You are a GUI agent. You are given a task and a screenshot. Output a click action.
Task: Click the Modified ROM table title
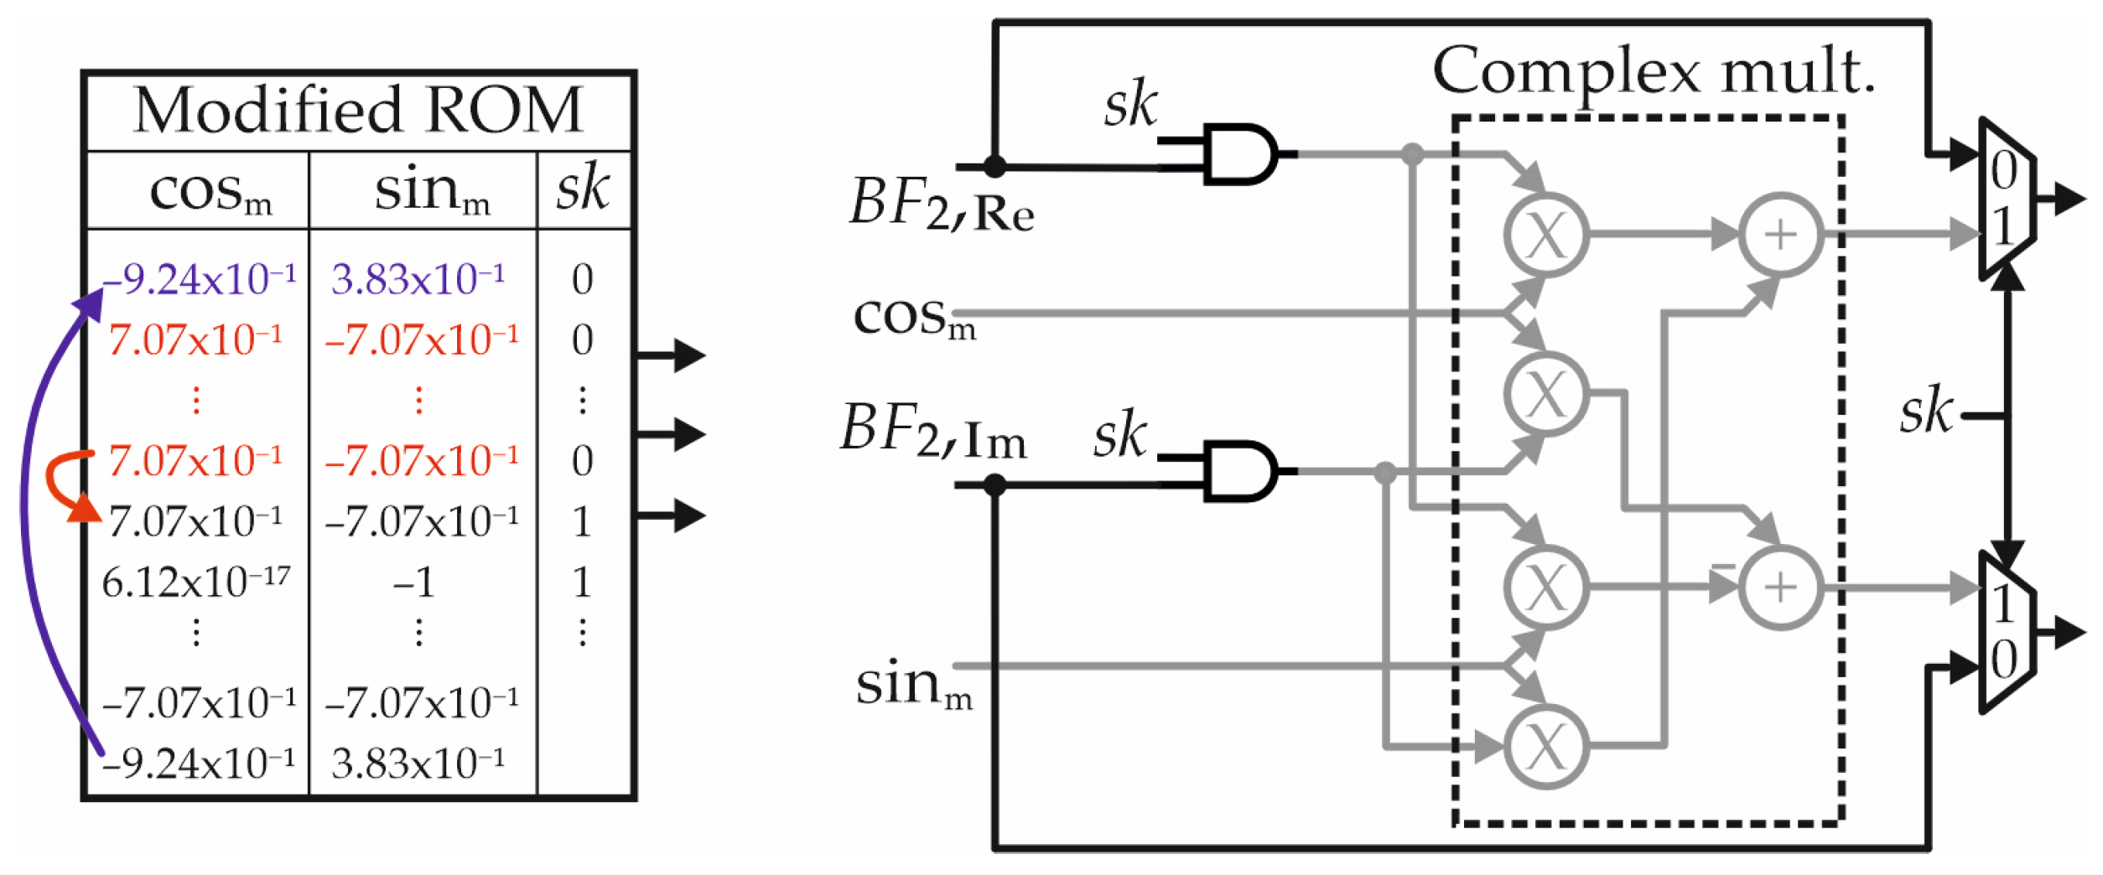(x=358, y=111)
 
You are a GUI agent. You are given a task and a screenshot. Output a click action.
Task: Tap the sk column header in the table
(x=582, y=188)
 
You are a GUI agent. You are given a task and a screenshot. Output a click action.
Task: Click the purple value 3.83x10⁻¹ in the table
(x=418, y=279)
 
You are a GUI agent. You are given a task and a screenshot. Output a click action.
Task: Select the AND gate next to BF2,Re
(x=1239, y=154)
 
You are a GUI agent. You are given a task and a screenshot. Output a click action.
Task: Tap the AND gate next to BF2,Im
(x=1239, y=471)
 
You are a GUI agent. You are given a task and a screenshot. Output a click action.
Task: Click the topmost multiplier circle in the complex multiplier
(x=1545, y=236)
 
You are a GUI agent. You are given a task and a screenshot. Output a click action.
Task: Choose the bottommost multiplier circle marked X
(x=1545, y=746)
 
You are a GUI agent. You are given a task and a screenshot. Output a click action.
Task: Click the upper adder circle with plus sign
(x=1780, y=236)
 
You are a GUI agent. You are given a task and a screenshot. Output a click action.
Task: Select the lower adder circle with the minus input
(x=1780, y=588)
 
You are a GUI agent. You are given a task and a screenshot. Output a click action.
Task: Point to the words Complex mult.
(x=1654, y=71)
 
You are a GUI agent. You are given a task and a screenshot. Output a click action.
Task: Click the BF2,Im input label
(x=933, y=432)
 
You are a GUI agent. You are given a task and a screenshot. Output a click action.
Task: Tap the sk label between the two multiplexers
(x=1925, y=412)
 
